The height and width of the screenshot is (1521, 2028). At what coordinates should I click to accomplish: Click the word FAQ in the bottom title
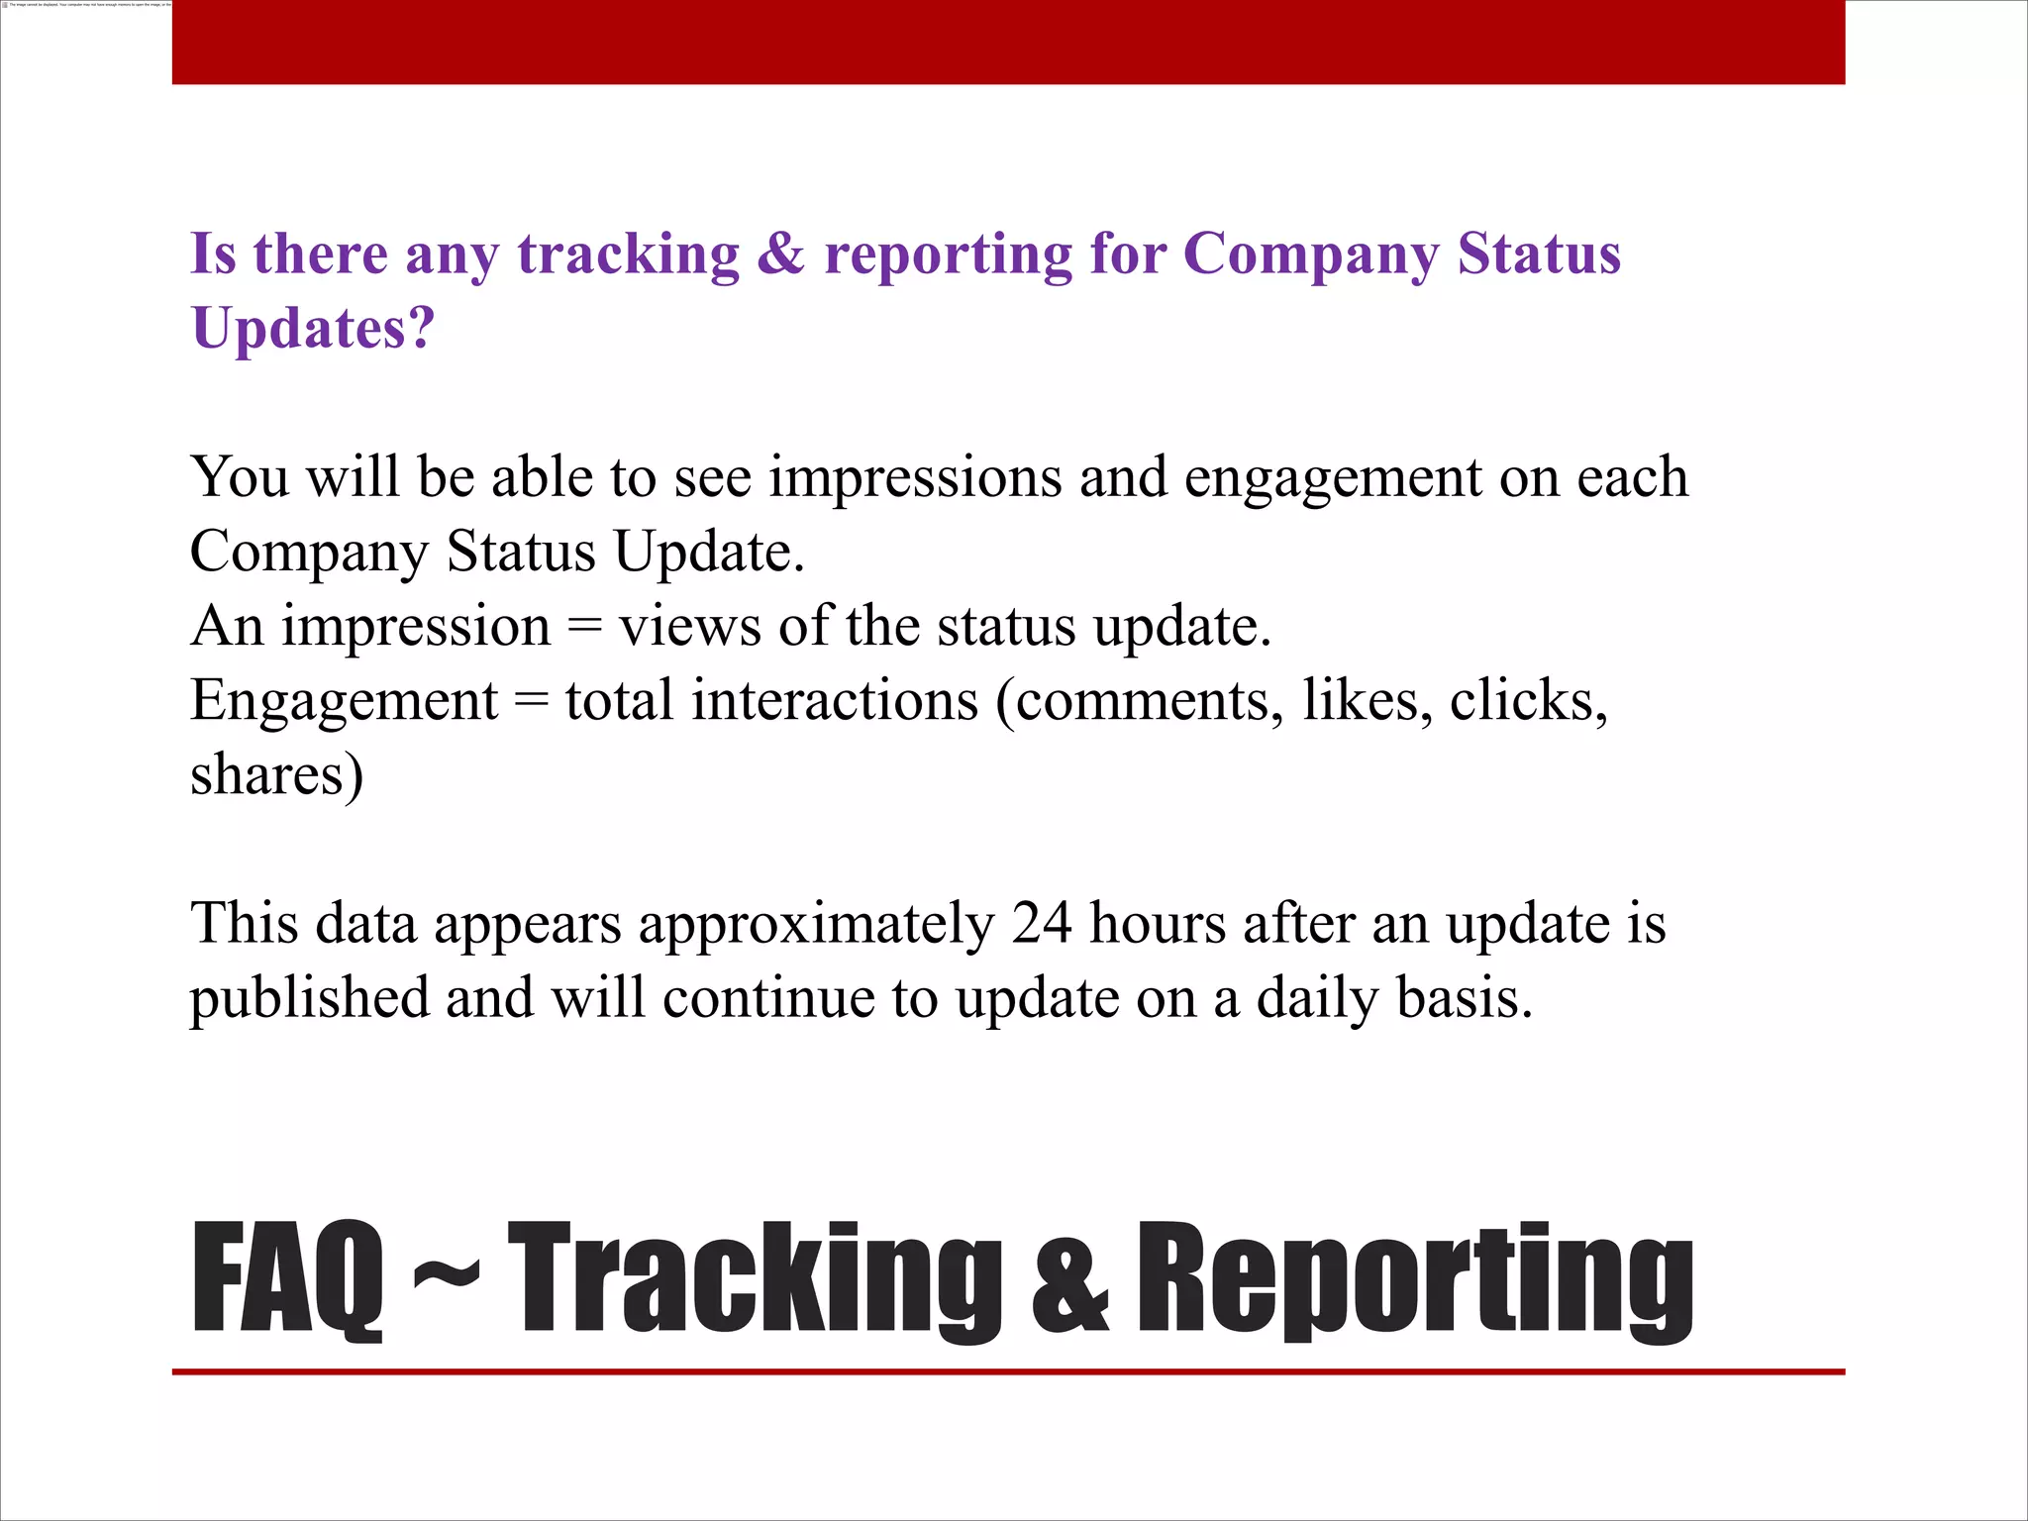[287, 1279]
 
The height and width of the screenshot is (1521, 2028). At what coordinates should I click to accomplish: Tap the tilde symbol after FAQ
[446, 1272]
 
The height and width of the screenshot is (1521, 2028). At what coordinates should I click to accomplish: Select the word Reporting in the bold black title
[1414, 1279]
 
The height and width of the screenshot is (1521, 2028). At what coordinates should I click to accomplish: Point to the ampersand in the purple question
[781, 254]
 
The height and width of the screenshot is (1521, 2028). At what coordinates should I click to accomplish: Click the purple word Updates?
[313, 328]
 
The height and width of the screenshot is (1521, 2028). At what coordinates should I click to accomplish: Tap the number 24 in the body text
[1042, 923]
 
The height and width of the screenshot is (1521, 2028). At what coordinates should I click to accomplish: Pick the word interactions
[835, 700]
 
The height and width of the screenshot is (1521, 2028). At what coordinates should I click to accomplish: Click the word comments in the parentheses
[1139, 702]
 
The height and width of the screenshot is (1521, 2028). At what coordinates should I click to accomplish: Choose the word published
[309, 998]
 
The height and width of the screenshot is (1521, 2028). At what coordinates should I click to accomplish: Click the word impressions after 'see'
[915, 478]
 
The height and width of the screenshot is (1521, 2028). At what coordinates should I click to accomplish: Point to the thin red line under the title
[1008, 1371]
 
